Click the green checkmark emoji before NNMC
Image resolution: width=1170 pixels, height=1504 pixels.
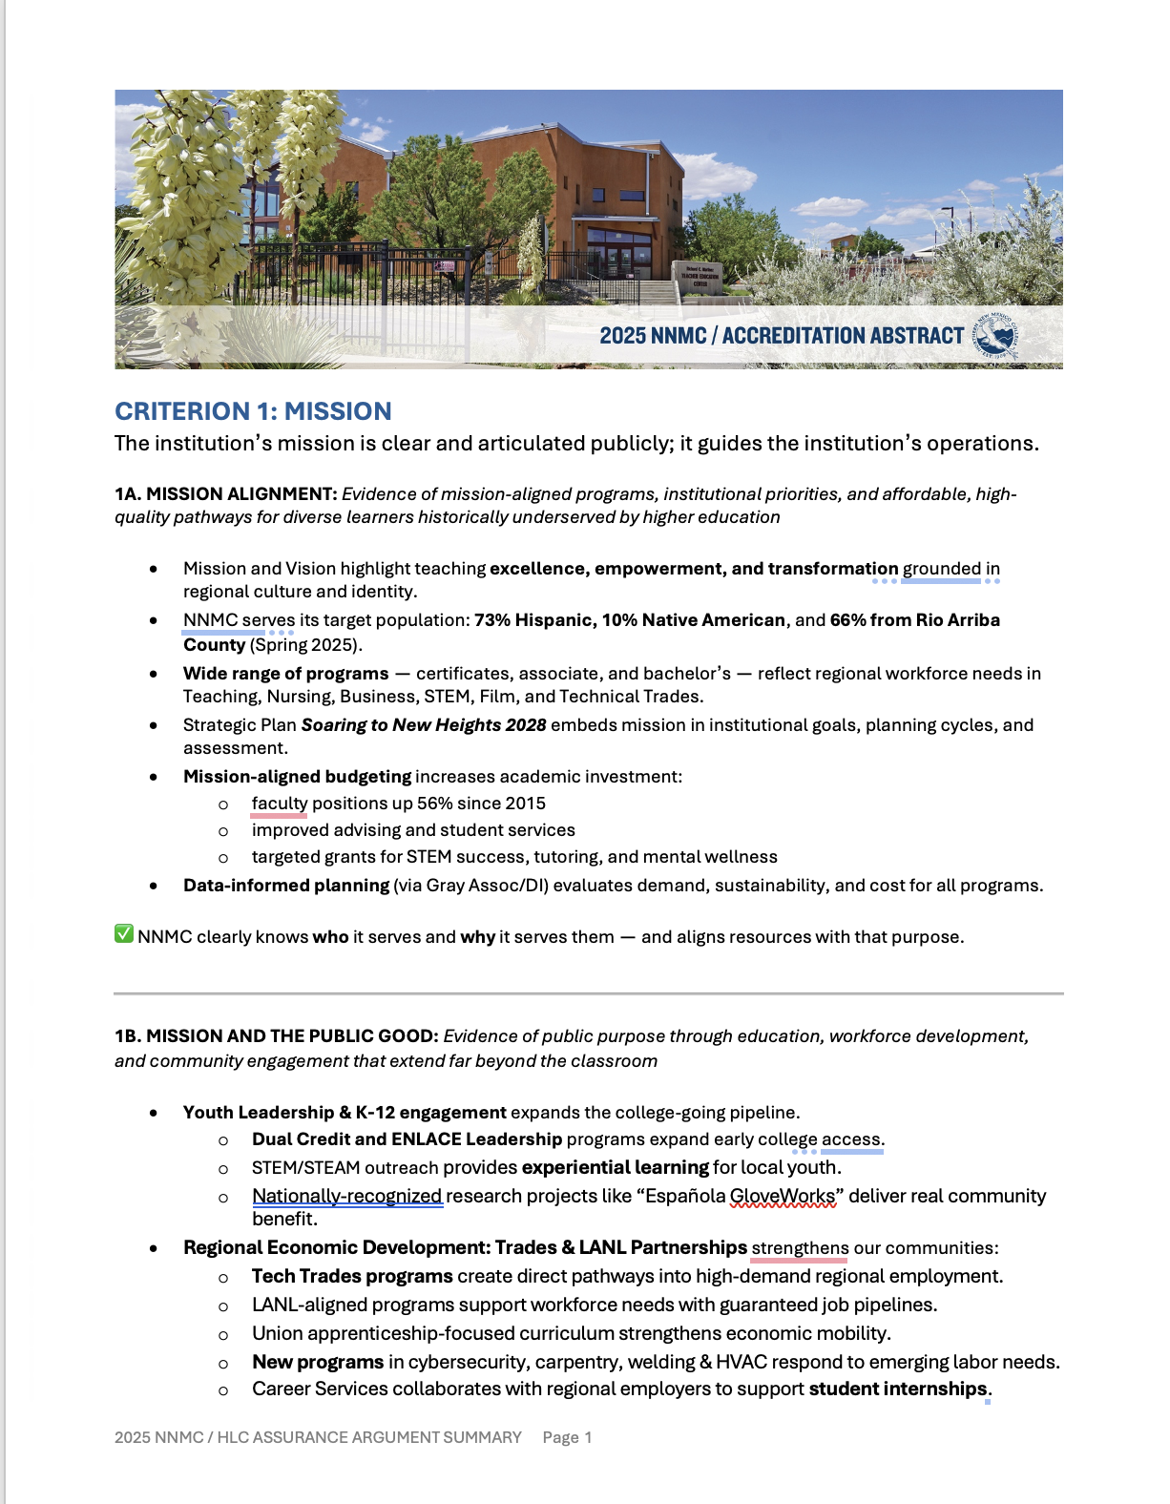[x=123, y=934]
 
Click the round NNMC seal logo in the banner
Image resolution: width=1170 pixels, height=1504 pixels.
[x=996, y=336]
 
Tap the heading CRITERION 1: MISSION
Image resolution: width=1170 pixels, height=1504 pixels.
[x=253, y=411]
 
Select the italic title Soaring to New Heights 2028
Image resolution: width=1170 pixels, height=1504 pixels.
[x=424, y=725]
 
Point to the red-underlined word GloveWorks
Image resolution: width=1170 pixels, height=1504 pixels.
[x=782, y=1197]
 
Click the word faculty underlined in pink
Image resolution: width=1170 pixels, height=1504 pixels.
[x=279, y=804]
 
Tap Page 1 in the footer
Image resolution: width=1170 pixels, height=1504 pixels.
[x=567, y=1437]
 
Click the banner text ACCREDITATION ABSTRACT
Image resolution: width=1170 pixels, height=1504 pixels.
[x=843, y=336]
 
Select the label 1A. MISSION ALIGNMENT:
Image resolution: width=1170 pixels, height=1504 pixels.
[x=225, y=494]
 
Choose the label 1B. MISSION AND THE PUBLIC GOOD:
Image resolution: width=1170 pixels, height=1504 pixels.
[x=276, y=1036]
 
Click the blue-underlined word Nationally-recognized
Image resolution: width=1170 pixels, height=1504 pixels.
[x=346, y=1197]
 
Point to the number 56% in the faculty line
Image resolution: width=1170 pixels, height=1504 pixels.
[x=434, y=804]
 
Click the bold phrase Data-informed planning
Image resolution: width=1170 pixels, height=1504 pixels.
[x=285, y=886]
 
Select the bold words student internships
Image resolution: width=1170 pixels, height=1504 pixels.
[x=897, y=1389]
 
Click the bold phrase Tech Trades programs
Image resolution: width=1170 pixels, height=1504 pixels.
[x=352, y=1277]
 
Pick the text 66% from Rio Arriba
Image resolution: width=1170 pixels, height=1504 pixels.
[x=914, y=620]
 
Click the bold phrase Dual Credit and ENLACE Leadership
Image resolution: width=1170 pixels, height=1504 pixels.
[x=407, y=1139]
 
